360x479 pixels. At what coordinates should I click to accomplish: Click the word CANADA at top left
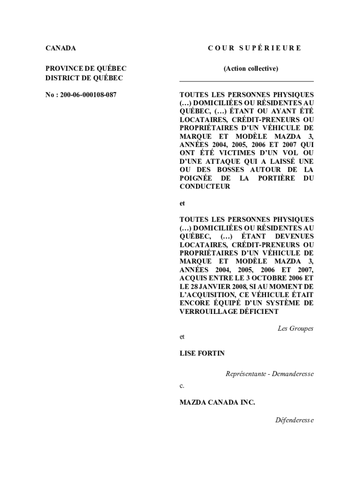[x=60, y=48]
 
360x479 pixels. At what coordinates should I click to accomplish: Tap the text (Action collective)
[x=251, y=69]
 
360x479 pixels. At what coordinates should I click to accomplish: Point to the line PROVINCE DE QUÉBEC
[x=86, y=69]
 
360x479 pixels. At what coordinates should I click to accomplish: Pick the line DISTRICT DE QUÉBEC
[x=84, y=78]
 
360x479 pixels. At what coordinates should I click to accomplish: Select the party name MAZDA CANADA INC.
[x=217, y=402]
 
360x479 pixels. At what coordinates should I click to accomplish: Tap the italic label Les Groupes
[x=295, y=328]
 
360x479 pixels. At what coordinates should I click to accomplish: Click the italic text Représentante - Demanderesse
[x=269, y=374]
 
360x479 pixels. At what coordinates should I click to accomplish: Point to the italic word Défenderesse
[x=295, y=420]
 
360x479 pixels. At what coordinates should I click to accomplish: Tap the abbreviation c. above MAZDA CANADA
[x=182, y=386]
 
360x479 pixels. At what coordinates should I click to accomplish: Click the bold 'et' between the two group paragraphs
[x=182, y=203]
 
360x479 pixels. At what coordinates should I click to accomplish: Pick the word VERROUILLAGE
[x=208, y=312]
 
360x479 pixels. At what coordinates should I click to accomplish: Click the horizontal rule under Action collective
[x=247, y=81]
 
